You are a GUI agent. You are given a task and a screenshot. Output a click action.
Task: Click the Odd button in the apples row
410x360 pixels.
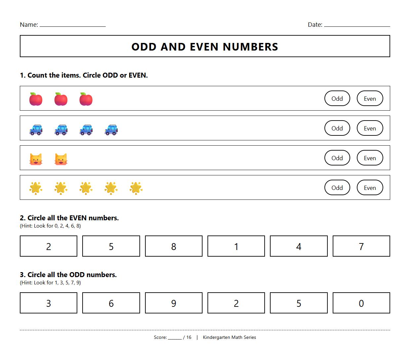click(337, 98)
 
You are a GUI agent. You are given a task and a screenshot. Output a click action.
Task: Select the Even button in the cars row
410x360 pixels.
click(370, 128)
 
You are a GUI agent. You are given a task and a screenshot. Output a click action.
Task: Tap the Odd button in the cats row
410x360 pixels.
click(337, 158)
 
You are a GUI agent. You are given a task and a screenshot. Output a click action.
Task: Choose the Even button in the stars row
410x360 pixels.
click(370, 188)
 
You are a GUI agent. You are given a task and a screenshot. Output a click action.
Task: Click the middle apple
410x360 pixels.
click(61, 99)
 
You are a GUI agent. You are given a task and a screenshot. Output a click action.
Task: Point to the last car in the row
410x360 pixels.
click(111, 129)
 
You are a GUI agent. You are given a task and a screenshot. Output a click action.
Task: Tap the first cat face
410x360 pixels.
click(36, 159)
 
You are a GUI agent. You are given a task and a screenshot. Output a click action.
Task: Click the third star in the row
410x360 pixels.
click(86, 188)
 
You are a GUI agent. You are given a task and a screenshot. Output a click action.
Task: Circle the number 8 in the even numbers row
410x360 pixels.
click(173, 246)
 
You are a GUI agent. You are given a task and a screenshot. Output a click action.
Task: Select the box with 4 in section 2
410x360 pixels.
click(299, 246)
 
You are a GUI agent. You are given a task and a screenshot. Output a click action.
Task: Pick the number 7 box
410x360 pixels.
click(361, 246)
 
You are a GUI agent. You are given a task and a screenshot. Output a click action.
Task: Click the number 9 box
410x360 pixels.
click(173, 303)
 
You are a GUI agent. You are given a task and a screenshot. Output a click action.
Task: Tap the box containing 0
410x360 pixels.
click(361, 303)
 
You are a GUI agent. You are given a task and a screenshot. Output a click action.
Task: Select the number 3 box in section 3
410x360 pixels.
click(49, 303)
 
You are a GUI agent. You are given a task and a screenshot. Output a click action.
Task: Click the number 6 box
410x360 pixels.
click(111, 303)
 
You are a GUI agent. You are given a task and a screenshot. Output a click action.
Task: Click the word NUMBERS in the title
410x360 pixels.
click(250, 47)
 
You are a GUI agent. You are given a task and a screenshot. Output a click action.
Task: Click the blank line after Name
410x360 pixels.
click(73, 25)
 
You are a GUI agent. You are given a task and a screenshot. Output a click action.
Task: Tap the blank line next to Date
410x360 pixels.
click(357, 25)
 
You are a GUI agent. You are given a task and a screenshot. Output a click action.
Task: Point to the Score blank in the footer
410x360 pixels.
click(174, 338)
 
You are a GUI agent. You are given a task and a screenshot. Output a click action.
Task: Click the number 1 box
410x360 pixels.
click(236, 246)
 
